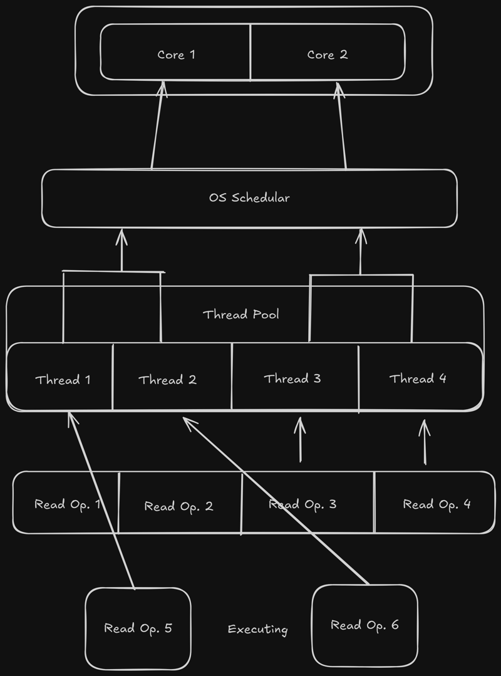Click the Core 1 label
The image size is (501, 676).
pos(176,55)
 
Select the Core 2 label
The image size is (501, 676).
pos(327,55)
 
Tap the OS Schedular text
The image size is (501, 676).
pos(249,198)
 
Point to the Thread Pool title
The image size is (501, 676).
pos(240,315)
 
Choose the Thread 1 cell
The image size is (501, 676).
pos(62,380)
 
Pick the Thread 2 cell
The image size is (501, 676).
pos(167,380)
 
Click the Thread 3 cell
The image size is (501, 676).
pos(292,378)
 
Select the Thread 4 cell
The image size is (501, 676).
pos(418,378)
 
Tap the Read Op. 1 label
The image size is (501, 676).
pos(67,504)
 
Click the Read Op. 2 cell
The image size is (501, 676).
pos(179,506)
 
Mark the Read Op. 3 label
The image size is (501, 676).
pos(303,504)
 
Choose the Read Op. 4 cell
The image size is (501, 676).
pos(436,504)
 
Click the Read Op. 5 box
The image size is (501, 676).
pos(138,628)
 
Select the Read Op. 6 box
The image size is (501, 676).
pos(364,625)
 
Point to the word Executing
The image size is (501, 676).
pos(257,629)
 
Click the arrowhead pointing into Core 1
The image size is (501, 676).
pos(162,89)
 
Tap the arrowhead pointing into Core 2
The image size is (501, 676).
pos(339,90)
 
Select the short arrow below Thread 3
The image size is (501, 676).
pos(300,439)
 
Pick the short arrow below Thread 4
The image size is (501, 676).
pos(425,441)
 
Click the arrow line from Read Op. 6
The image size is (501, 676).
pos(276,501)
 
